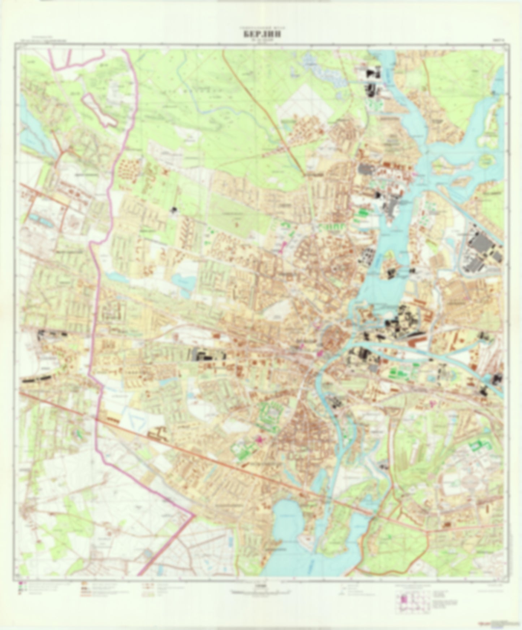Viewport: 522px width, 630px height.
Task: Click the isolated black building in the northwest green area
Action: [174, 210]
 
